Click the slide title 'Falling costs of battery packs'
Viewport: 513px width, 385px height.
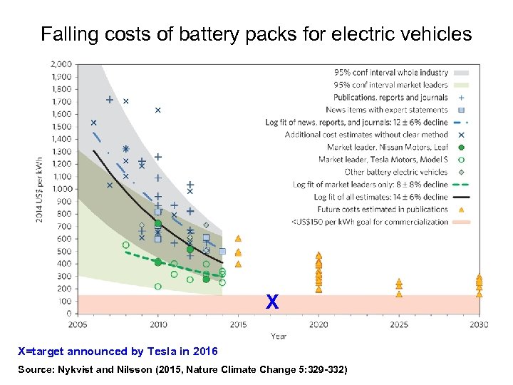[x=256, y=34]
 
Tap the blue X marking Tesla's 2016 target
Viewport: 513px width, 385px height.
[x=272, y=303]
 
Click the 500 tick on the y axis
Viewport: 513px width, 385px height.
[x=65, y=251]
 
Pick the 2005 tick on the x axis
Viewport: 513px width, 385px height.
[x=78, y=324]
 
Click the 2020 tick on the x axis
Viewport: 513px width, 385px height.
[x=318, y=324]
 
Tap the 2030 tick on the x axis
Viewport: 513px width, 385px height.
[x=479, y=324]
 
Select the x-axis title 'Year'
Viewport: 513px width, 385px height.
[x=279, y=336]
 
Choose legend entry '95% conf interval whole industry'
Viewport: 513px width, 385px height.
[x=391, y=72]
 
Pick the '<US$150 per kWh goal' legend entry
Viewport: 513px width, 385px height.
[x=370, y=222]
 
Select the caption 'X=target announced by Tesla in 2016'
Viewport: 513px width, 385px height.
[x=118, y=351]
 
